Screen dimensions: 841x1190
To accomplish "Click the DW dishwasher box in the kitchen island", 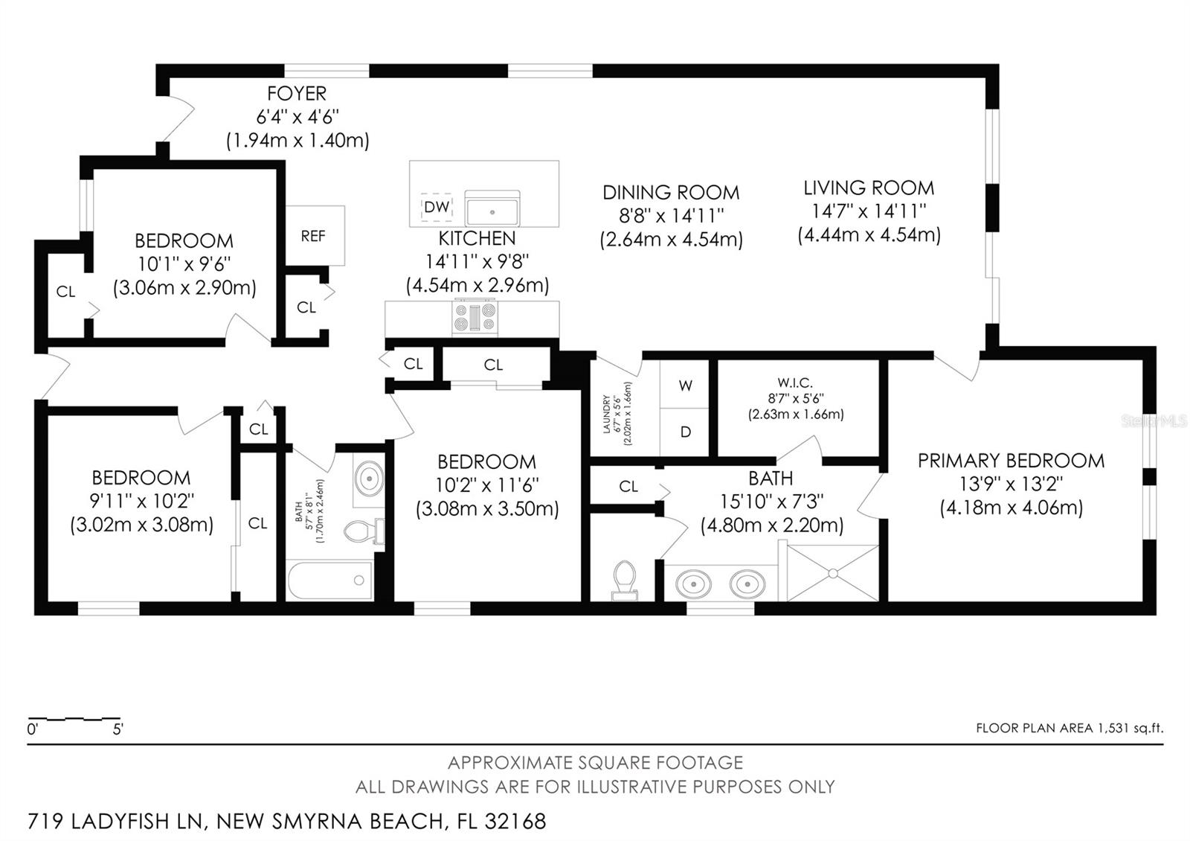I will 437,207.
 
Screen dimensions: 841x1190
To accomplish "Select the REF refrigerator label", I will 313,236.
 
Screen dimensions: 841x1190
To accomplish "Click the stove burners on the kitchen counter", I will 475,317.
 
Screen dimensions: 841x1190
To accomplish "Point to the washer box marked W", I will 685,386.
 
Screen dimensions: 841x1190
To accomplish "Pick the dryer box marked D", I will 685,432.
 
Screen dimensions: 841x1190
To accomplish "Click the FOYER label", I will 297,94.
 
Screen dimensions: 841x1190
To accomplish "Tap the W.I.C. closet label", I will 795,383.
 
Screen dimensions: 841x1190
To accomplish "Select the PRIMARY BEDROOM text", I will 1011,461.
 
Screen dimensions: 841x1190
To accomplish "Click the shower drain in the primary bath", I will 833,573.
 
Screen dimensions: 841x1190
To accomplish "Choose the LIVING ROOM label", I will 869,188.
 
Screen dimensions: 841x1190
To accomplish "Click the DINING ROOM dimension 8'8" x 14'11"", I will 671,216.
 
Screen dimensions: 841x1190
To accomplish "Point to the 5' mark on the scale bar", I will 118,729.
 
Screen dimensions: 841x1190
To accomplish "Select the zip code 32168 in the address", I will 515,822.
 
